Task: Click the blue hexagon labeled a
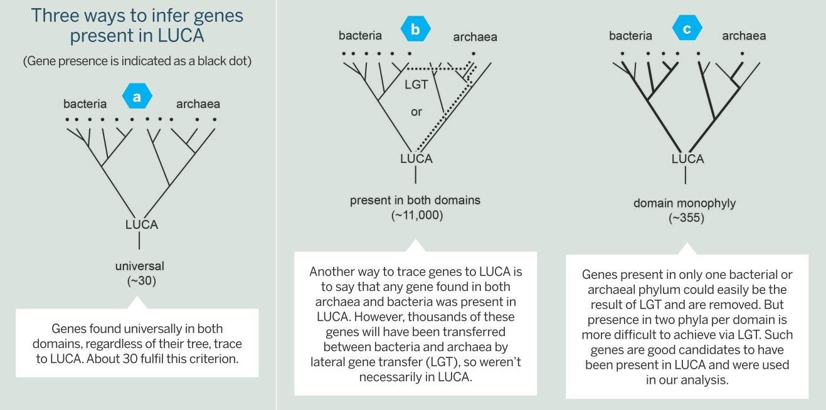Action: click(137, 97)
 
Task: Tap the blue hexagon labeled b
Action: click(416, 29)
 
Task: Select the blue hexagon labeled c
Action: click(687, 28)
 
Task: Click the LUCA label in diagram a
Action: click(142, 224)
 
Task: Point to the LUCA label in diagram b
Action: click(416, 159)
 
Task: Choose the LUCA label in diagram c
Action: click(688, 159)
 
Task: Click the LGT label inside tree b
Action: click(416, 85)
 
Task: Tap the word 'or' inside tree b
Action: click(416, 112)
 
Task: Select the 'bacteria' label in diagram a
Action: click(85, 103)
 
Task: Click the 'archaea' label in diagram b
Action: click(475, 37)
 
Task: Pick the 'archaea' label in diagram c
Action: click(744, 36)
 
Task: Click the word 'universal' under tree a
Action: click(140, 266)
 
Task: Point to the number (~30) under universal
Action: click(142, 281)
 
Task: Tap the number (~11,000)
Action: click(417, 215)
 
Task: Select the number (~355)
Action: click(687, 218)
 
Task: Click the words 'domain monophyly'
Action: click(684, 203)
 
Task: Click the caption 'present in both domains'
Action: click(415, 200)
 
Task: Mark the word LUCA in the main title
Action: click(181, 36)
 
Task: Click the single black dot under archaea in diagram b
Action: click(474, 53)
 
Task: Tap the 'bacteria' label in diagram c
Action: click(630, 36)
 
